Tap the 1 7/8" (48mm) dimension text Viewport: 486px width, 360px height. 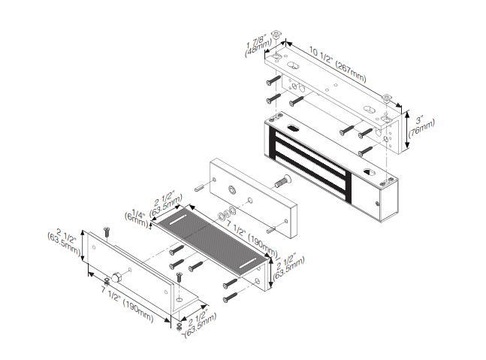coord(258,47)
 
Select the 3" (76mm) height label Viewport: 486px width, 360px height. coord(421,126)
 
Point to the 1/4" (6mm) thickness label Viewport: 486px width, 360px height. coord(137,218)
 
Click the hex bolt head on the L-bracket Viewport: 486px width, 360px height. coord(116,277)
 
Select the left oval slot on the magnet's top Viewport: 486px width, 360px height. coord(293,128)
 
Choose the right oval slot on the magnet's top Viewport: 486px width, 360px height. coord(370,171)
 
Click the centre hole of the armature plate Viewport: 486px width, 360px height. coord(231,189)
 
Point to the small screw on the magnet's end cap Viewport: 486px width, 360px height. coord(377,204)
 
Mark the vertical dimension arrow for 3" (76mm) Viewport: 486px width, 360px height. coord(407,129)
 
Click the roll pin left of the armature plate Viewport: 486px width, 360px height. coord(198,188)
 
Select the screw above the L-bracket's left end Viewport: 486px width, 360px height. coord(107,232)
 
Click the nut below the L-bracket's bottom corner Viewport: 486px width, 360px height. coord(179,326)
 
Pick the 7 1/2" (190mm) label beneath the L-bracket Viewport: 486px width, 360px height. coord(127,304)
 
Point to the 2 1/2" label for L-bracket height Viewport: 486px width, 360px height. coord(64,241)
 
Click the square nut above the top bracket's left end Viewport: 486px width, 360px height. coord(276,34)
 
